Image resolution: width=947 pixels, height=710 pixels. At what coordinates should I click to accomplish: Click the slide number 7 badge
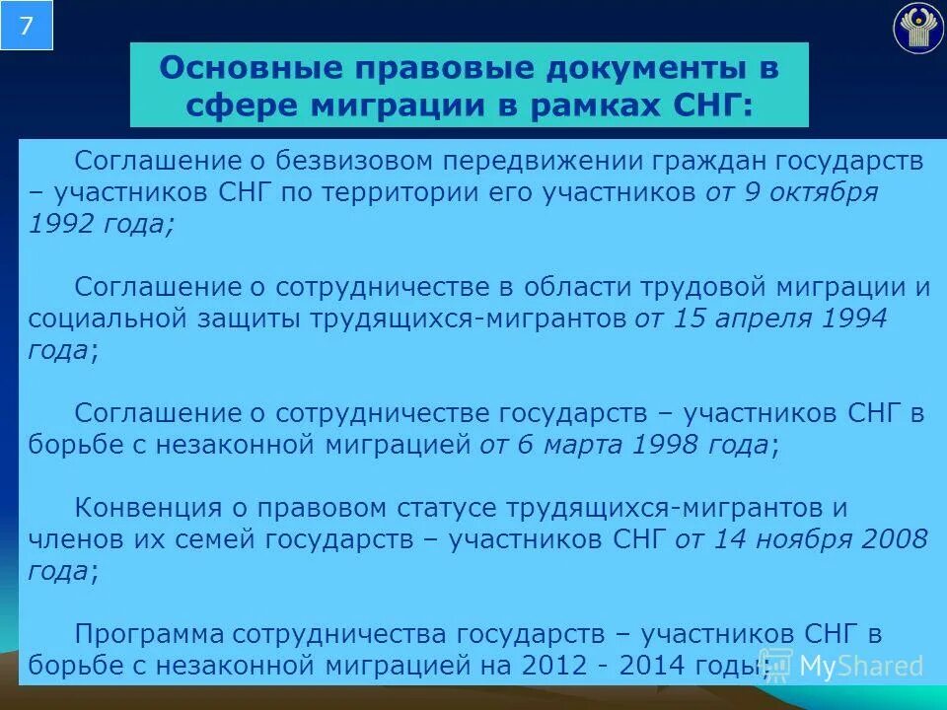(x=26, y=26)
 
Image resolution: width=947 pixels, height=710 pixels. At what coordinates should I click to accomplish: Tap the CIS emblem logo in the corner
(x=917, y=29)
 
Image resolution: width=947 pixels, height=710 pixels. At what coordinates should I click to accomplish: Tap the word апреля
(x=770, y=319)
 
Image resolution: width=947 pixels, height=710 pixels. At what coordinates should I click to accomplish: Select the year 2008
(x=894, y=539)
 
